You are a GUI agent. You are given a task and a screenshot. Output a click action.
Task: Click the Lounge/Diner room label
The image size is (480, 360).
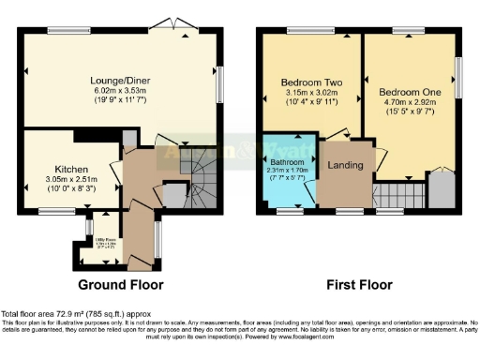pos(121,81)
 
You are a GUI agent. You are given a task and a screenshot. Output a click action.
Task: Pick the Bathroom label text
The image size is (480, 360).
pos(287,161)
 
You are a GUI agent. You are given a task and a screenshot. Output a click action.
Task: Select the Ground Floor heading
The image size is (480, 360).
pos(120,284)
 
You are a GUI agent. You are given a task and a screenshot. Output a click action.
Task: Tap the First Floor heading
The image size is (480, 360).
pos(359,284)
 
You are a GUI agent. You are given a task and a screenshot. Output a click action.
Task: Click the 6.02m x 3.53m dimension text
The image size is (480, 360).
pos(121,92)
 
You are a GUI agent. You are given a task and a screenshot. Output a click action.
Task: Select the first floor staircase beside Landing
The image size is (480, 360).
pos(393,195)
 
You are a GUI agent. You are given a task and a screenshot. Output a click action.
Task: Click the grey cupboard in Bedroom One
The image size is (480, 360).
pos(442,190)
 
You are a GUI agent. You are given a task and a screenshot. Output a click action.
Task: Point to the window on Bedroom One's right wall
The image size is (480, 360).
pos(459,76)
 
